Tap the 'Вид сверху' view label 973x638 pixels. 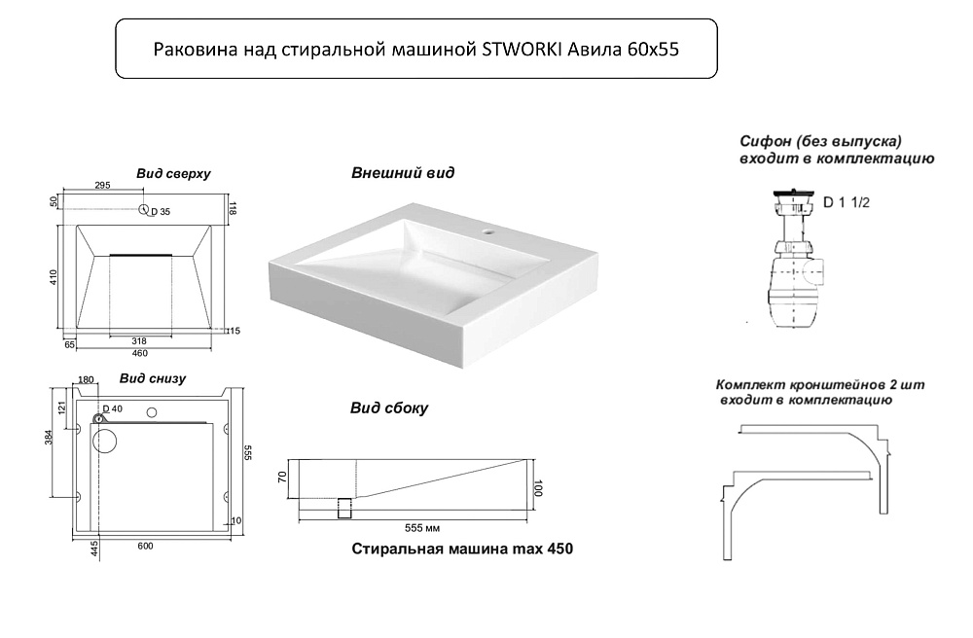(173, 173)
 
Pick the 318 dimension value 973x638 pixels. (140, 341)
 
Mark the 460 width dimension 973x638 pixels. (141, 353)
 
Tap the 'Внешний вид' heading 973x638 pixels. (403, 173)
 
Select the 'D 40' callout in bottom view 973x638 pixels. (113, 409)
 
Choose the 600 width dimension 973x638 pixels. (144, 546)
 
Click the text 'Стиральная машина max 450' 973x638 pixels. (461, 549)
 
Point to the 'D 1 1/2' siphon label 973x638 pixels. (846, 203)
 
